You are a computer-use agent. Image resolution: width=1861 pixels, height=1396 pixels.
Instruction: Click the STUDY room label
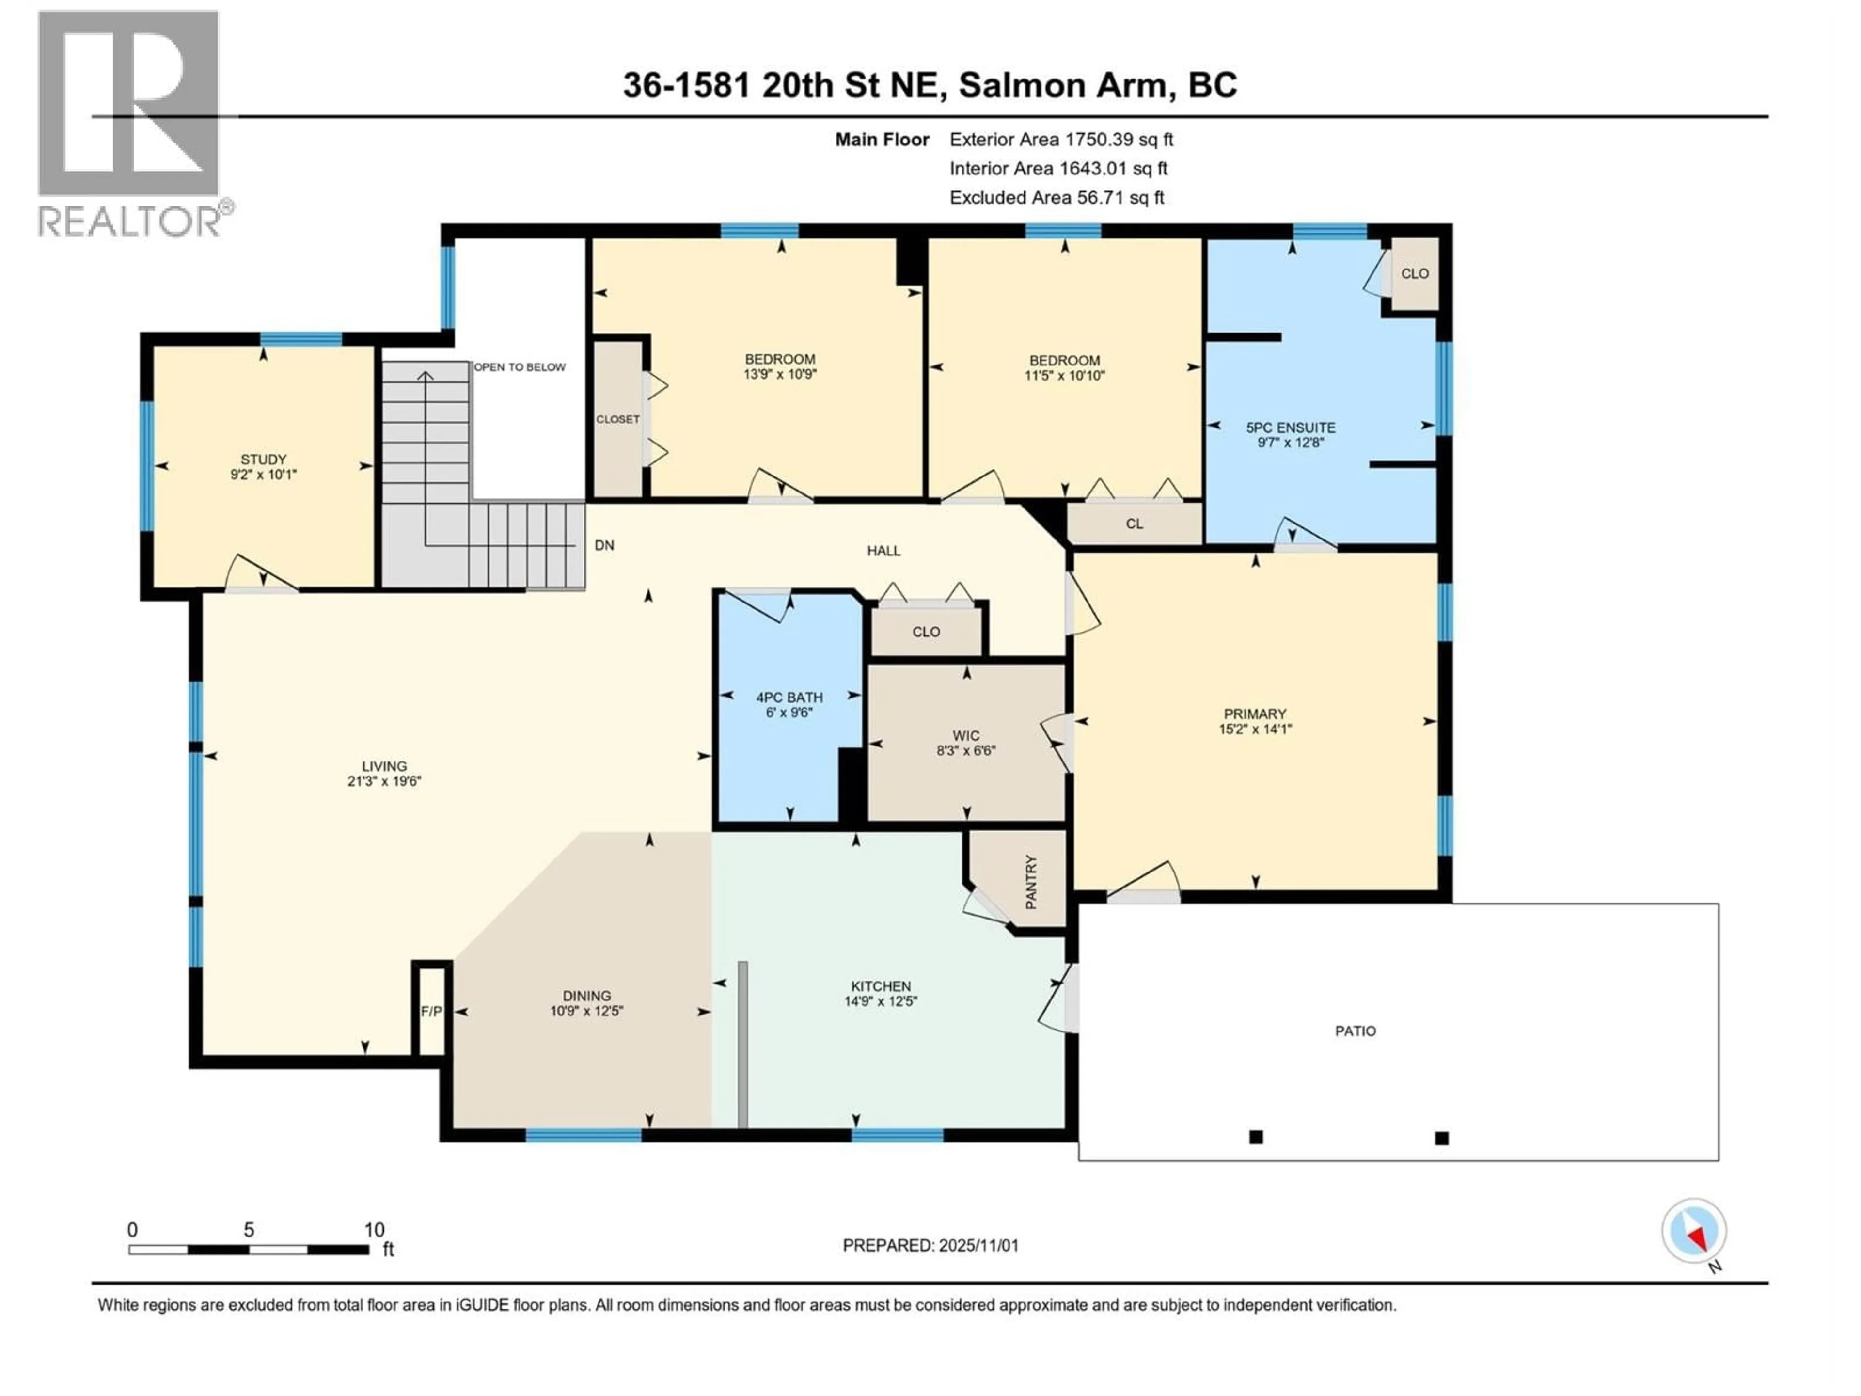(263, 460)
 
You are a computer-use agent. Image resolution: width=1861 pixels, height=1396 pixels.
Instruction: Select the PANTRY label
(1031, 882)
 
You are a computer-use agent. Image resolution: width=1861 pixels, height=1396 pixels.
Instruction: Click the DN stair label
(604, 545)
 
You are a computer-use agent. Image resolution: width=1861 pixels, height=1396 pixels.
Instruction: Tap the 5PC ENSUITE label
(1291, 428)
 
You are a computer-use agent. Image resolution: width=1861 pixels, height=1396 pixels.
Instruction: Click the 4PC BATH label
(789, 698)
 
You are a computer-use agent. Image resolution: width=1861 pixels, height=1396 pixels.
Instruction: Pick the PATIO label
(1356, 1031)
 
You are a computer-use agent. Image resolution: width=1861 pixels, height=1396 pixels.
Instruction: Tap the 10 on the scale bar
(375, 1230)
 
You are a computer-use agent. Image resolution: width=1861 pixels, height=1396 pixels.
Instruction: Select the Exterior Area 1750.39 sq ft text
(1061, 140)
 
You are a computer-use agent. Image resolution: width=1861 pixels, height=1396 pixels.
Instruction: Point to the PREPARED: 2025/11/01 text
(930, 1245)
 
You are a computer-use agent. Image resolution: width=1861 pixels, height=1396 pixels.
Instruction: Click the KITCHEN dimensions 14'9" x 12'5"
(880, 1001)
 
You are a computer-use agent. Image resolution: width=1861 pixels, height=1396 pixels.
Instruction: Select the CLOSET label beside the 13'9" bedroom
(617, 419)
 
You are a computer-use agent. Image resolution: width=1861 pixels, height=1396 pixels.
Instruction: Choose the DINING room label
(586, 996)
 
